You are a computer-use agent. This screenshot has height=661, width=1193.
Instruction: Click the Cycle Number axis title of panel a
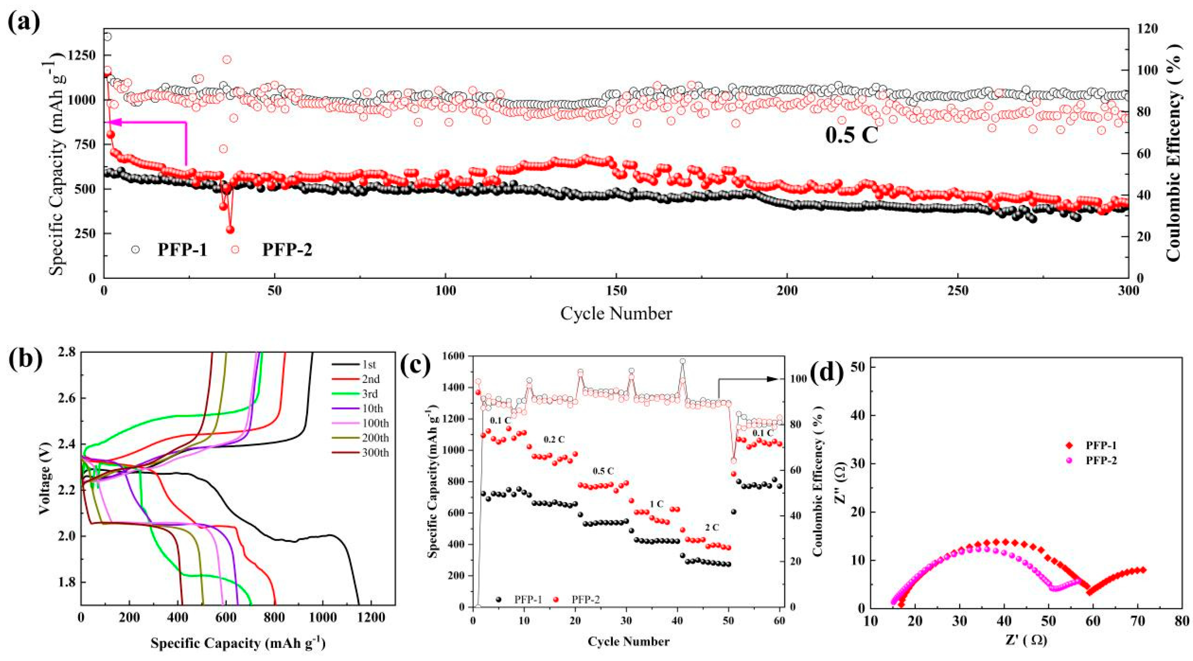pos(616,314)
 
